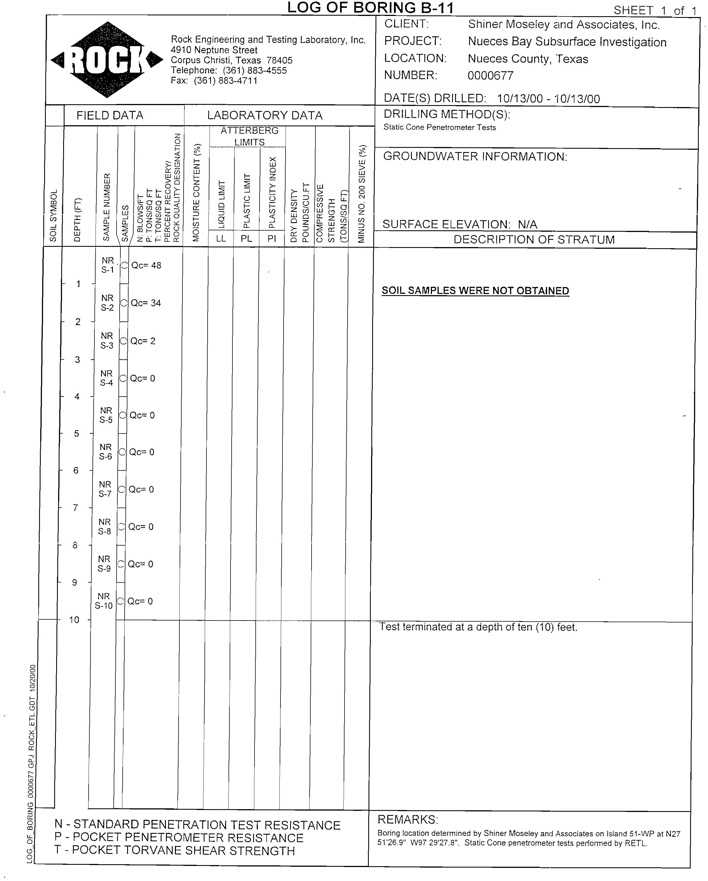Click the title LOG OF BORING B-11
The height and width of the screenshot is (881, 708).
coord(370,8)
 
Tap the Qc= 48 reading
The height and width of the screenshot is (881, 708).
coord(146,266)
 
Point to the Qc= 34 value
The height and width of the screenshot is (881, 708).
coord(146,303)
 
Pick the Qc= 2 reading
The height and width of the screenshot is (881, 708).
coord(143,341)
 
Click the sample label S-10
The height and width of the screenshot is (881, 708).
coord(104,606)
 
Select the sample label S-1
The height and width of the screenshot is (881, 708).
coord(108,270)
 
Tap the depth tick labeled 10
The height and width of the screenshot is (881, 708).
coord(74,620)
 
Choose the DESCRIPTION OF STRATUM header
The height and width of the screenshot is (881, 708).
coord(534,240)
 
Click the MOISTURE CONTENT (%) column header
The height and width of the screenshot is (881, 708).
coord(196,192)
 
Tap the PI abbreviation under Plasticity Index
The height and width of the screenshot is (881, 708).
coord(272,239)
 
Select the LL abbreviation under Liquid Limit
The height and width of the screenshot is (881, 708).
coord(221,239)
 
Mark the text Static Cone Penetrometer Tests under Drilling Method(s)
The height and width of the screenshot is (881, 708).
coord(439,127)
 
